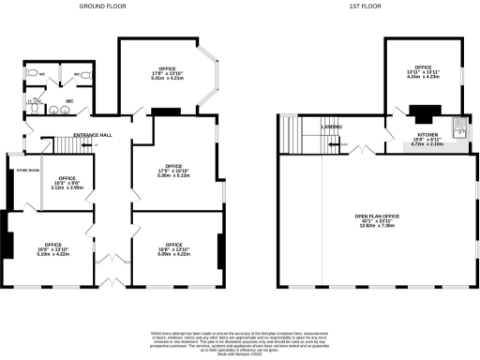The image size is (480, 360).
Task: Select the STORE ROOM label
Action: click(x=28, y=170)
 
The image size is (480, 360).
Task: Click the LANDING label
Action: click(x=331, y=126)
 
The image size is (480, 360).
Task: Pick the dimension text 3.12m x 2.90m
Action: click(x=67, y=187)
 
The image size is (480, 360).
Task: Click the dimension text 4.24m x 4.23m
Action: click(x=424, y=77)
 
